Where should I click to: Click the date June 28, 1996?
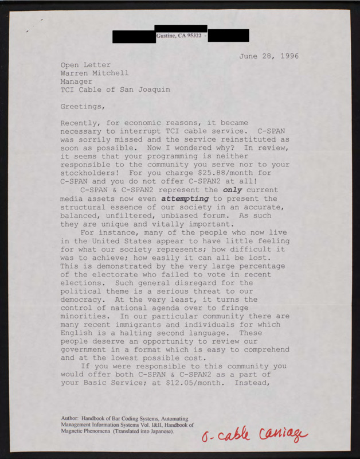pos(269,56)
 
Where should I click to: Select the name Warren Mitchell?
pos(95,73)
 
